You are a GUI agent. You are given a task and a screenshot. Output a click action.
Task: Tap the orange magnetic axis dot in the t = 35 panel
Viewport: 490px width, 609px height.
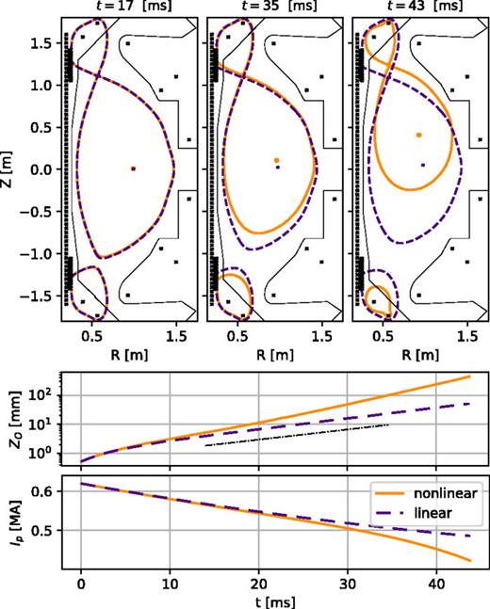(x=276, y=160)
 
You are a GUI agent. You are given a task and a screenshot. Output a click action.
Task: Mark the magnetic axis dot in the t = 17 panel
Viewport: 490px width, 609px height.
(x=133, y=168)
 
